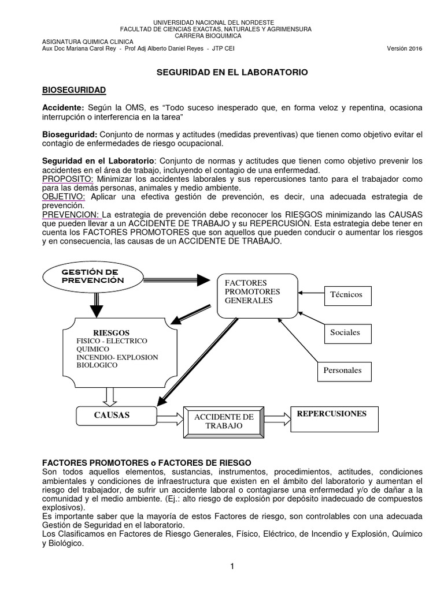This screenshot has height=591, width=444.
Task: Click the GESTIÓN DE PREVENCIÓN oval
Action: coord(93,276)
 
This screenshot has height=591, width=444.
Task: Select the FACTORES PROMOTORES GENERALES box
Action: coord(257,295)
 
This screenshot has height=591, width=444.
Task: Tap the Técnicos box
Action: coord(346,294)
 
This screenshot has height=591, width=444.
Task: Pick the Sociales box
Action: coord(346,332)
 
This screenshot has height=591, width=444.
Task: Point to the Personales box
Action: coord(343,371)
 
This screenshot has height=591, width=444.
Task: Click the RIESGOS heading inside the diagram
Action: coord(111,333)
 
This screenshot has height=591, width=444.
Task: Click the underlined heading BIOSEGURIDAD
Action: coord(74,91)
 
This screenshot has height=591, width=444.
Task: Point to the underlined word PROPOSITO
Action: coord(63,179)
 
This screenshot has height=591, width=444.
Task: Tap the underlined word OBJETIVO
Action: coord(62,196)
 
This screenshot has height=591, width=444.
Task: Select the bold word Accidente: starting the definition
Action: coord(64,109)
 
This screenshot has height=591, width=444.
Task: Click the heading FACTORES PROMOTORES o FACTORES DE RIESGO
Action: coord(147,462)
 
